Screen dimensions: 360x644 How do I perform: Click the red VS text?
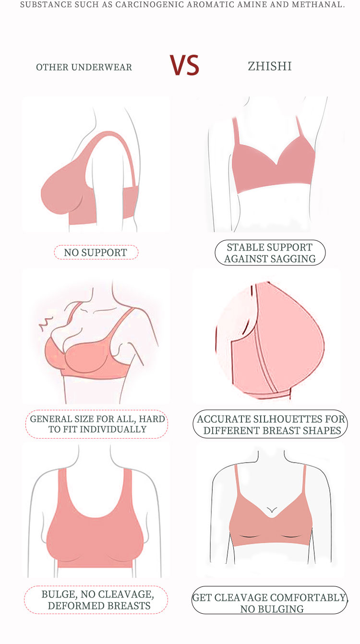184,65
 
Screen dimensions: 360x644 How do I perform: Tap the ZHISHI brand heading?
270,66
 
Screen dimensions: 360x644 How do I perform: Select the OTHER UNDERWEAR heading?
84,67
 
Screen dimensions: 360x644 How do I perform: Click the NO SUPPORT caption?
96,252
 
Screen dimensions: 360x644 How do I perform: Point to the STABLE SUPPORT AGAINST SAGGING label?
270,253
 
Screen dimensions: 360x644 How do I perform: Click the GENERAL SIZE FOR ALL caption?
97,424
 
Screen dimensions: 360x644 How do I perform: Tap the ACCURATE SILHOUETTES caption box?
270,424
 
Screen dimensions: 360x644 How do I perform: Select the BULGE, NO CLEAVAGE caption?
96,600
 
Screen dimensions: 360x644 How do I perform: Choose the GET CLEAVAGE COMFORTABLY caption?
270,600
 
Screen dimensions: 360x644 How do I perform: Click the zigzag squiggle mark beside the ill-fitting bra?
46,323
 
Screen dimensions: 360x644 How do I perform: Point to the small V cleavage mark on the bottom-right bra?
272,510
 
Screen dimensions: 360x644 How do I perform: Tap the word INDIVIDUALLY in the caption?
113,429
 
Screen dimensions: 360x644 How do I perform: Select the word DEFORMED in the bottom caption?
75,606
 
